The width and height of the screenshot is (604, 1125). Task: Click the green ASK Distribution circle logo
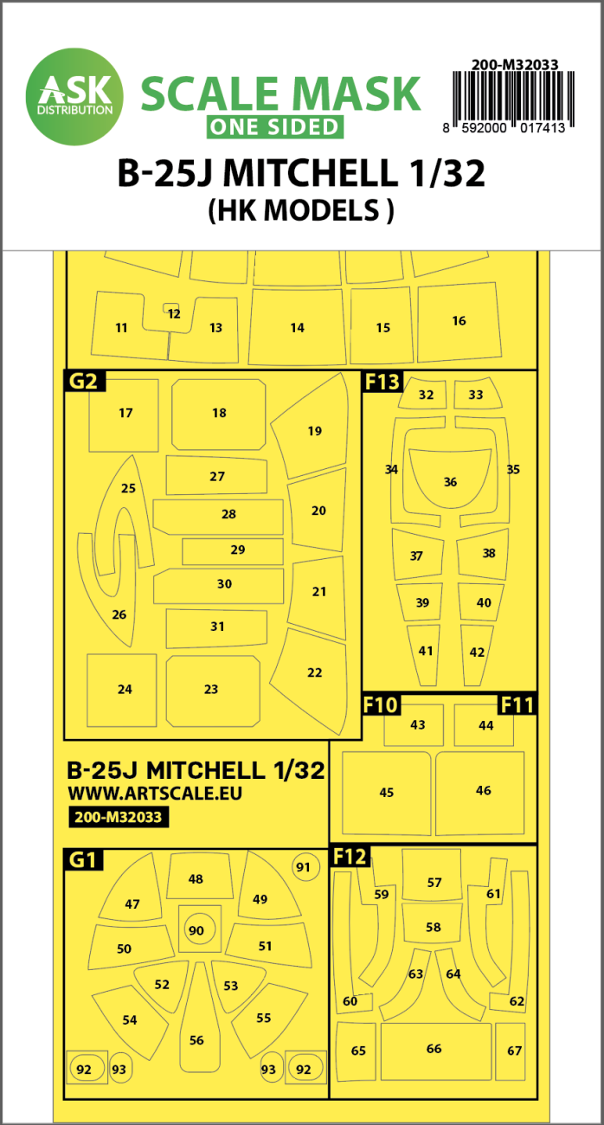coord(75,93)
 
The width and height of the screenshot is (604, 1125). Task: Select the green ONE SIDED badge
coord(273,126)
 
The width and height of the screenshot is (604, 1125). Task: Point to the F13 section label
coord(382,381)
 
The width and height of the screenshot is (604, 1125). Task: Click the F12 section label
coord(350,857)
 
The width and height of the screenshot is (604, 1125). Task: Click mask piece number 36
coord(449,481)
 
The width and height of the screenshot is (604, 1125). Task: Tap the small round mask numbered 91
coord(303,867)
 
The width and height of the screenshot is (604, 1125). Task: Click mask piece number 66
coord(434,1049)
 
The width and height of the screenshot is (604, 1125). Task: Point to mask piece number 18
coord(219,413)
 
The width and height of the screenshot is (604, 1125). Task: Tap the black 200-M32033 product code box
coord(116,815)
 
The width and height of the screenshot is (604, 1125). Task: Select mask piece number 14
coord(297,327)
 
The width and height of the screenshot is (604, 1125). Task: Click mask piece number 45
coord(386,792)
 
